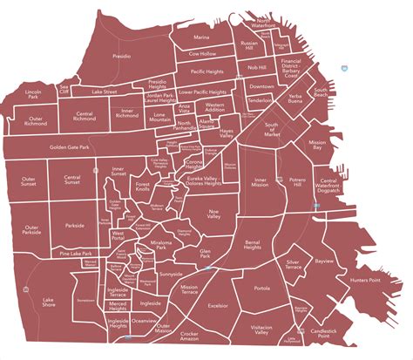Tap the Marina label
tap(202, 38)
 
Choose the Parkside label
tap(76, 225)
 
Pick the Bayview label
tap(324, 236)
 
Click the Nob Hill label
tap(256, 67)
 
